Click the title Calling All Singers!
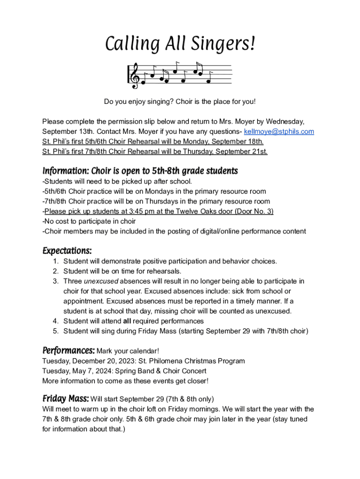180,44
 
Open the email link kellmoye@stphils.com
279,131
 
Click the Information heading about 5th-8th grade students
140,171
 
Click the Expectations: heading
67,251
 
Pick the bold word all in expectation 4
127,321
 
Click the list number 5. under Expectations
55,331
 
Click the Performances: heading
68,350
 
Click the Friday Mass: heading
65,399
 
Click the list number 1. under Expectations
55,261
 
